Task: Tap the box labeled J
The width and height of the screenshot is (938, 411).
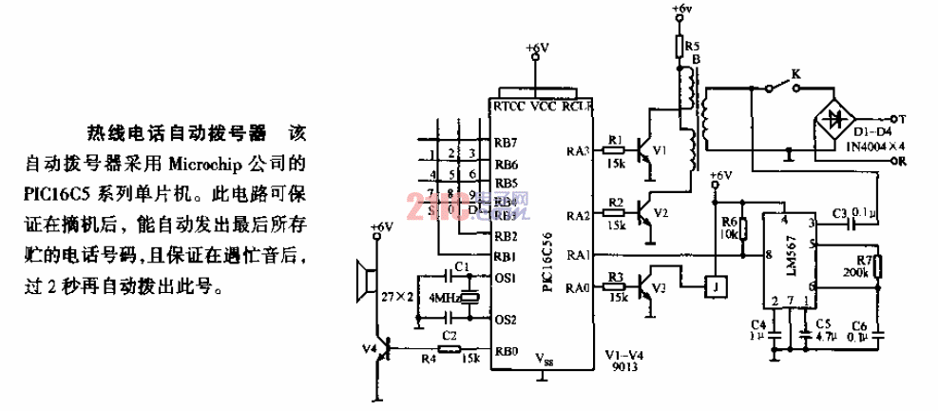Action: [x=711, y=284]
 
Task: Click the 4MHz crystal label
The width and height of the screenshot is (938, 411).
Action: [x=445, y=298]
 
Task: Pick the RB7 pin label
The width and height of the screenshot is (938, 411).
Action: [x=506, y=144]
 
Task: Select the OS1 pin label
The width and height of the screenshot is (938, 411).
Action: [x=505, y=278]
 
